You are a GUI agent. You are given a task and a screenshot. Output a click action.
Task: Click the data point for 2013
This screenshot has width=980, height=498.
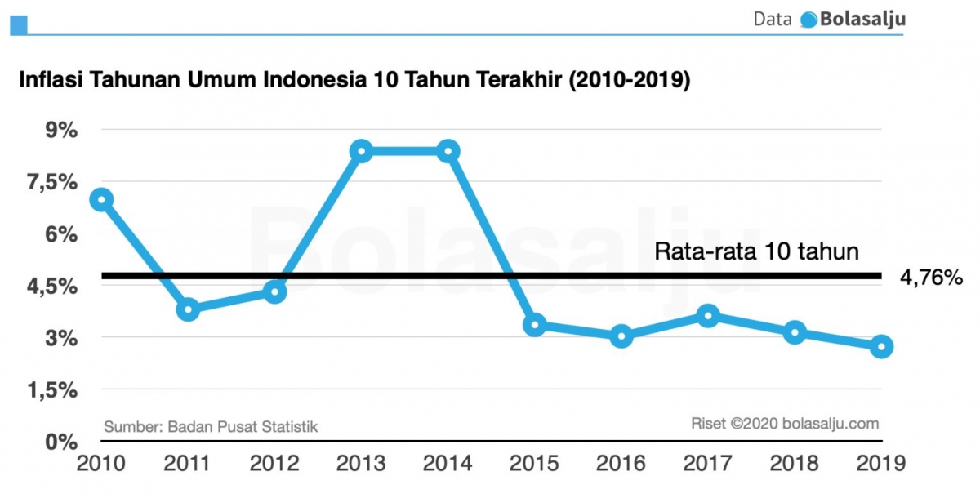pos(362,151)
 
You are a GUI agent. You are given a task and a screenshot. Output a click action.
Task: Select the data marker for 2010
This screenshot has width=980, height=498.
pos(101,199)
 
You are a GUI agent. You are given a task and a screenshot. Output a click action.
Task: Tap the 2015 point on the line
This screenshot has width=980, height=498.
pos(535,325)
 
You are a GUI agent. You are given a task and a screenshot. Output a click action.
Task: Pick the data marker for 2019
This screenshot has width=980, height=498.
pos(881,347)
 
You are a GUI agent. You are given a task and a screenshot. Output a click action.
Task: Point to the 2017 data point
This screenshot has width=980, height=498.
pos(708,316)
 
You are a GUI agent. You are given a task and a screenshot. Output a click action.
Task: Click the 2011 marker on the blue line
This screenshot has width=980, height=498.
pos(188,309)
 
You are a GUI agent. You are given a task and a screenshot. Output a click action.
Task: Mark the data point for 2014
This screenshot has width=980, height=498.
pos(448,151)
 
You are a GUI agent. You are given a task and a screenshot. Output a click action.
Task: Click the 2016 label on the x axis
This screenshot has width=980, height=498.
pos(621,464)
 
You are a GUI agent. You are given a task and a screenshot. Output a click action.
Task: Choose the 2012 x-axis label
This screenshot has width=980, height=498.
pos(274,464)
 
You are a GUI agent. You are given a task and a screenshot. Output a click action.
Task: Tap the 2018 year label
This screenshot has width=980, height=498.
pos(795,464)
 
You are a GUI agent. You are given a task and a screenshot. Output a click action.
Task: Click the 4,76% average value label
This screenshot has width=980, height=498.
pos(932,278)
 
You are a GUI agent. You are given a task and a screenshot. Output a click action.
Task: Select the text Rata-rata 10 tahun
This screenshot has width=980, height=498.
pos(757,251)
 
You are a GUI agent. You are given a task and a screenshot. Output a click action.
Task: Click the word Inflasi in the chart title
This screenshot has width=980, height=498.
pos(47,82)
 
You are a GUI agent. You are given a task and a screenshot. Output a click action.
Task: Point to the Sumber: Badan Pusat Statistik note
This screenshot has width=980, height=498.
pos(211,426)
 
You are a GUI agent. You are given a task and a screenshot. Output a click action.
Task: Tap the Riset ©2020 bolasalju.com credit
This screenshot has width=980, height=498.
pos(785,423)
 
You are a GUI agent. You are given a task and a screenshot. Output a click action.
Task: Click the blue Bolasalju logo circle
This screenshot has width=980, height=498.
pos(808,20)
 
